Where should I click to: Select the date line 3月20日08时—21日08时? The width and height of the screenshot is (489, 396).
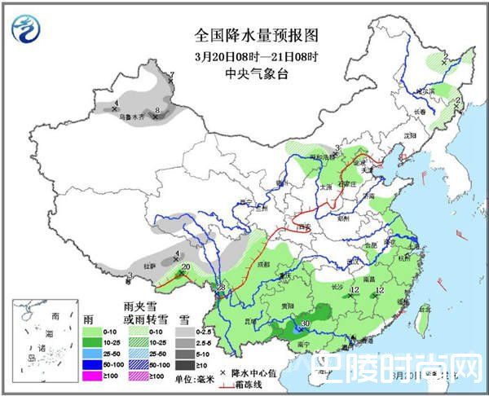pos(244,56)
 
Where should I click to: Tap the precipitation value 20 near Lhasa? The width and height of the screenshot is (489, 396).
pos(186,267)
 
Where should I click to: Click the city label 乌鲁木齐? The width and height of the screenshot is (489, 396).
pos(134,117)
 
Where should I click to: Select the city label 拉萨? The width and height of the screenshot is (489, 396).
pos(150,266)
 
